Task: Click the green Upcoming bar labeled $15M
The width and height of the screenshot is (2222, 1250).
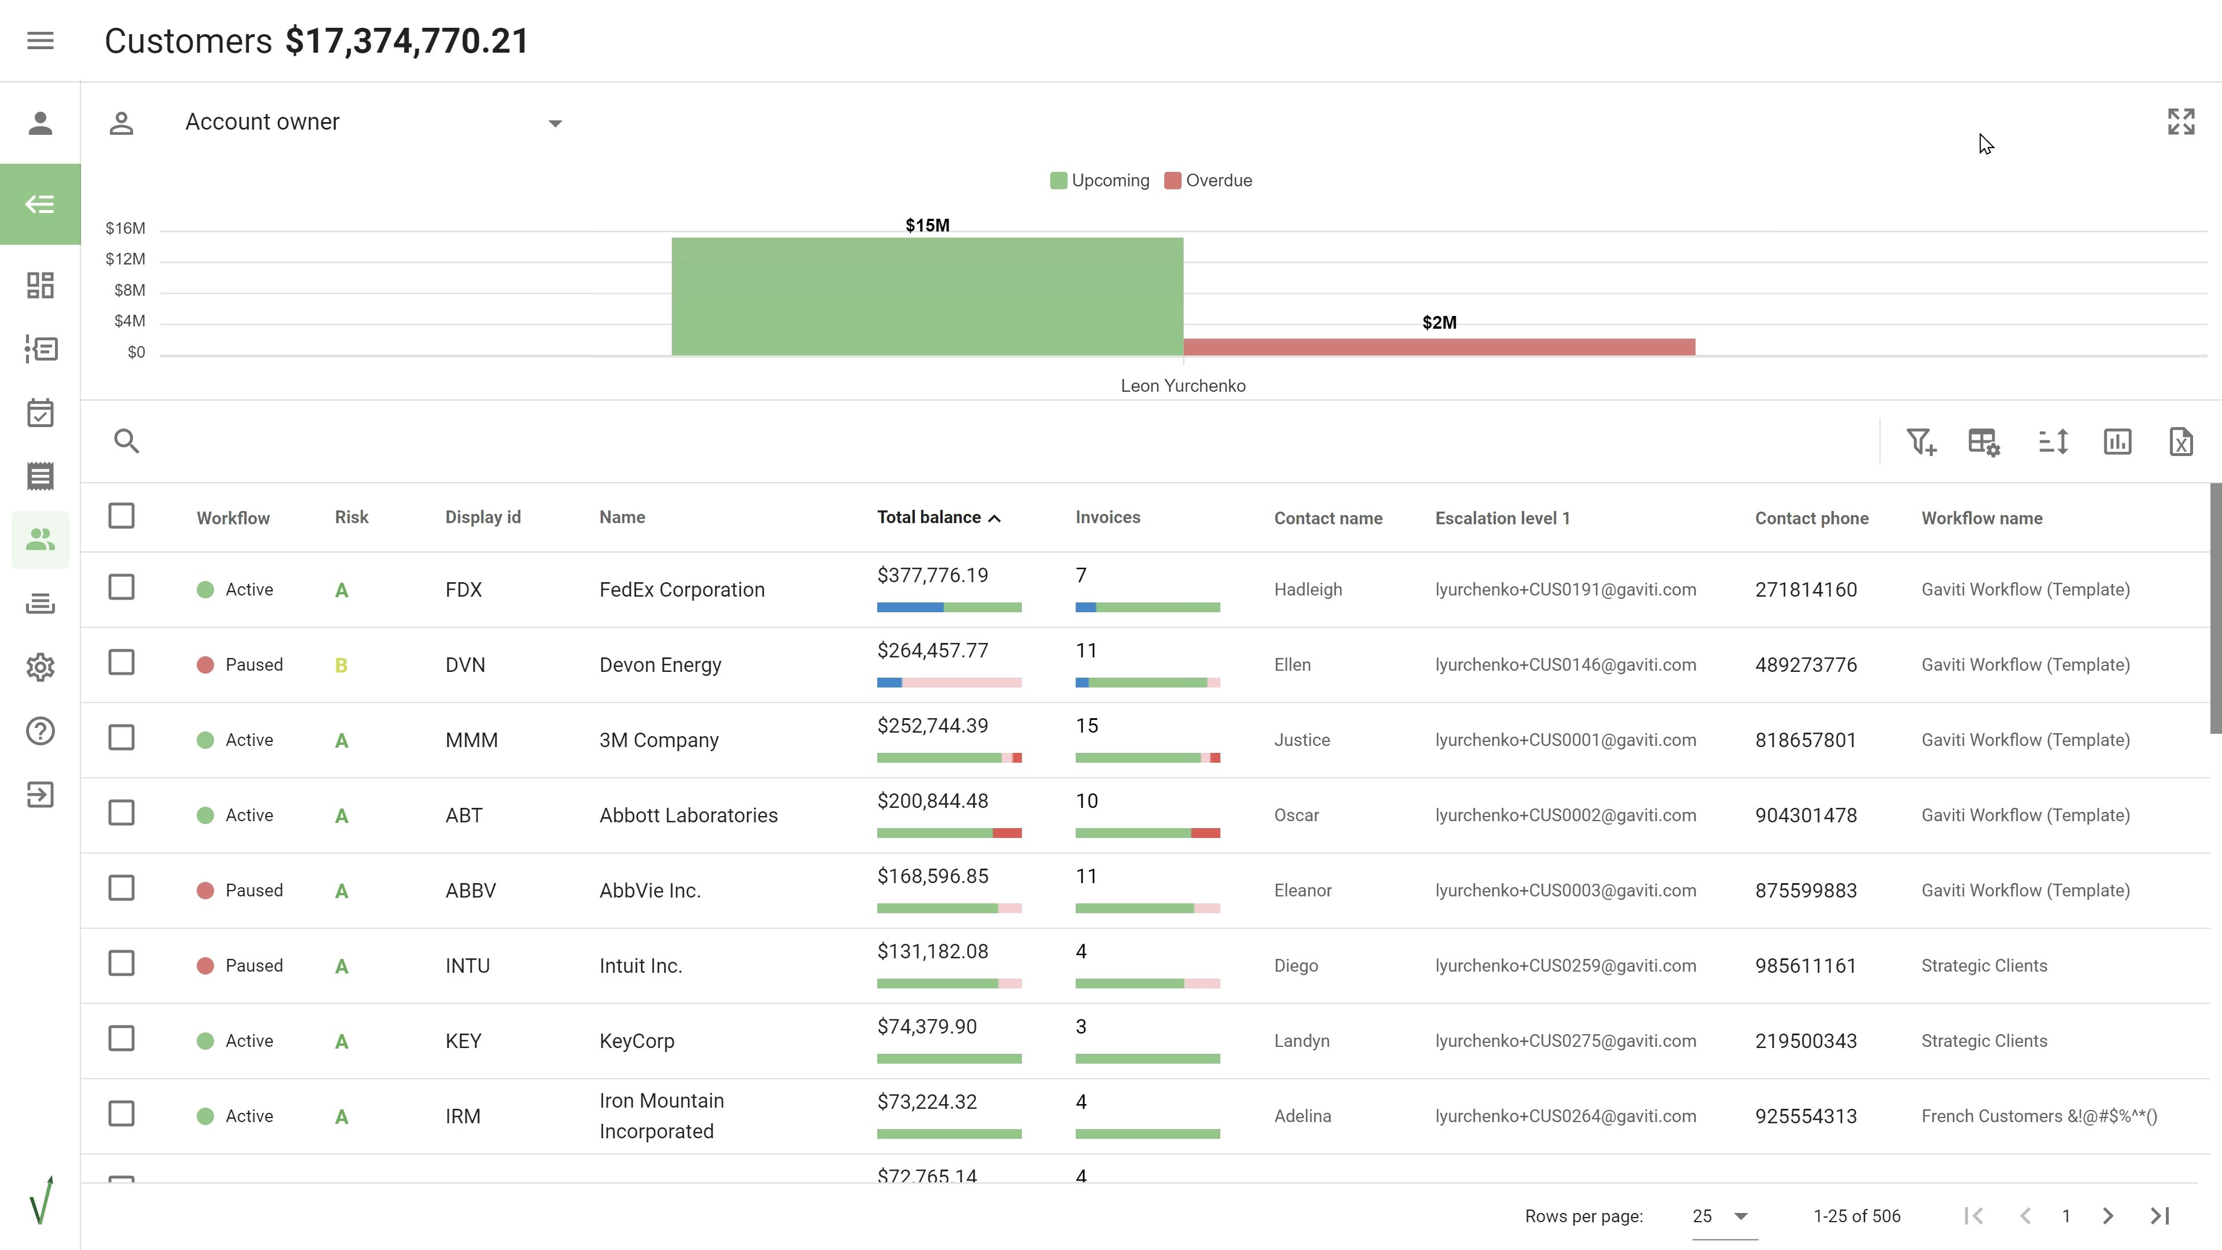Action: [927, 296]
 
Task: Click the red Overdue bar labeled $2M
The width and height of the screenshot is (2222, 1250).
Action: [1439, 347]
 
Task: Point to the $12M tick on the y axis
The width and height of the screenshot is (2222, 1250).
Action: [126, 259]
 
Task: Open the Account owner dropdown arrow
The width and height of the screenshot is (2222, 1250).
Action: [555, 123]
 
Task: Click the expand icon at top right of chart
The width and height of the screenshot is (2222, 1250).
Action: [2180, 122]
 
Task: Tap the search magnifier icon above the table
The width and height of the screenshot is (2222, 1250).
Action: [127, 441]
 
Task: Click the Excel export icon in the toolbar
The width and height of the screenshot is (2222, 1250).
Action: [2180, 442]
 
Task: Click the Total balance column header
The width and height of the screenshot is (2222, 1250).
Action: [929, 517]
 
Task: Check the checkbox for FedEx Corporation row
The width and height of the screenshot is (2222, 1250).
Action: [122, 587]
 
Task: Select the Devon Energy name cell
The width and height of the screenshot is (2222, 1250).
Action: [660, 665]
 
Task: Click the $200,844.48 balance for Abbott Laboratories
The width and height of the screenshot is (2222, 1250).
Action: [932, 800]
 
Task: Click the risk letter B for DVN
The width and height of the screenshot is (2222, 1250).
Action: [341, 665]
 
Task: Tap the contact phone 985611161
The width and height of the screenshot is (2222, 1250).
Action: [1805, 965]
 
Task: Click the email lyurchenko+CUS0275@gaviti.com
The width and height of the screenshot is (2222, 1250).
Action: [1565, 1041]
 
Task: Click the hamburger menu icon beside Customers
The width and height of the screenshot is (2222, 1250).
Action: [41, 41]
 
